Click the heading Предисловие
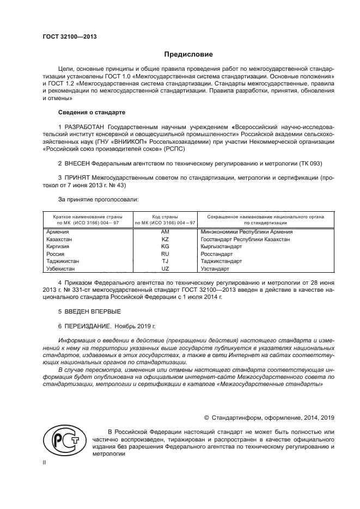coord(188,54)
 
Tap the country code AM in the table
coord(166,232)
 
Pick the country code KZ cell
coord(166,239)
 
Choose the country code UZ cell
coord(166,269)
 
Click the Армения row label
coord(59,232)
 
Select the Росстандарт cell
coord(217,254)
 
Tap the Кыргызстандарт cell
coord(221,247)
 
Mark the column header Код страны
coord(165,216)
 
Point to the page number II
coord(45,462)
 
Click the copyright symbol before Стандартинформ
coord(207,418)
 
